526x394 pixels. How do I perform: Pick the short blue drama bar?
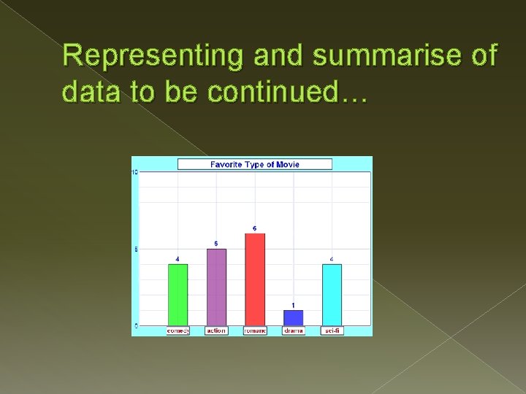(293, 317)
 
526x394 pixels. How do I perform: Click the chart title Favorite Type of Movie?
(255, 164)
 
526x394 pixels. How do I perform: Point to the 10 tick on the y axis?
(134, 172)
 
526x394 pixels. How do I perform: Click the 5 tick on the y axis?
(135, 250)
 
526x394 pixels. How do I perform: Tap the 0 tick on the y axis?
(135, 325)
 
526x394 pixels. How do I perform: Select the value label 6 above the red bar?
(255, 228)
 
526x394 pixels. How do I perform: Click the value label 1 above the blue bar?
(293, 305)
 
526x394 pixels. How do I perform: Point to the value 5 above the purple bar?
(216, 243)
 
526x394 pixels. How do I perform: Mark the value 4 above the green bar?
(178, 258)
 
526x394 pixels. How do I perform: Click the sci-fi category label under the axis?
(332, 331)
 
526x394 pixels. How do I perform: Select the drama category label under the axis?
(293, 331)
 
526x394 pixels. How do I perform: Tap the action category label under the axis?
(216, 331)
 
